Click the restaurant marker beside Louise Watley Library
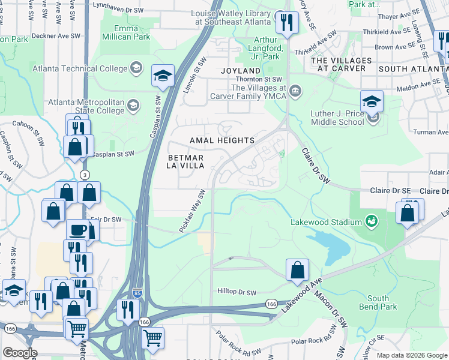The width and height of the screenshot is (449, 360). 287,23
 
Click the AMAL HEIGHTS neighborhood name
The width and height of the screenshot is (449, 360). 222,140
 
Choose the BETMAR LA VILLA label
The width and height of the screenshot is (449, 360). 187,161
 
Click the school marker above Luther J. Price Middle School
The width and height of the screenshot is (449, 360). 372,101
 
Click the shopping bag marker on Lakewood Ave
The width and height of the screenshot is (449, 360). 297,271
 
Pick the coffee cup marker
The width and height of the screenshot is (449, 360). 77,230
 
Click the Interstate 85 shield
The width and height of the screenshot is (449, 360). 137,290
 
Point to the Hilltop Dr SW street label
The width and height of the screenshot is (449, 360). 237,292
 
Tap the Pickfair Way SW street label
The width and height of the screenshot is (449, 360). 192,212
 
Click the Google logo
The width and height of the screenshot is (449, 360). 20,352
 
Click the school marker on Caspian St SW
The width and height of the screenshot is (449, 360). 162,76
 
